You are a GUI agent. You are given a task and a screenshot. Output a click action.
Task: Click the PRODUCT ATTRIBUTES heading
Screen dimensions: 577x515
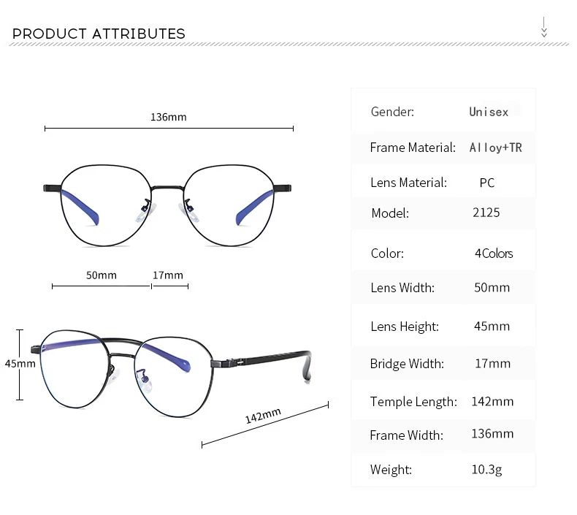[x=99, y=34]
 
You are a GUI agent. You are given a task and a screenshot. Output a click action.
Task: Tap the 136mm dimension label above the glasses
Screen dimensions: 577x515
[x=169, y=117]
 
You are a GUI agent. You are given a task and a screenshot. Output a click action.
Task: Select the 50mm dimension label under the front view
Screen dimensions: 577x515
[x=102, y=275]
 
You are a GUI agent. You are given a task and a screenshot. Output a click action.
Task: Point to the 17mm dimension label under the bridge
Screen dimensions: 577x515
[x=168, y=275]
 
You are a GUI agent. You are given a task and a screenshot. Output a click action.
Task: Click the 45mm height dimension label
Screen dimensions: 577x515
[x=20, y=364]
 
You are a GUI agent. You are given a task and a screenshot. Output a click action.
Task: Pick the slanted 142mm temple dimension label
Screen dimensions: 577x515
[x=263, y=416]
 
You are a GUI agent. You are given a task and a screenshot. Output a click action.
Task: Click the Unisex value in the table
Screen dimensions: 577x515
[x=489, y=112]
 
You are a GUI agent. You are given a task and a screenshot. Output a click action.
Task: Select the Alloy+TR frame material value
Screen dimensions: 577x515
[x=496, y=148]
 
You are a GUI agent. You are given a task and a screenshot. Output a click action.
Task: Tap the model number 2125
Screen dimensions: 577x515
[x=486, y=213]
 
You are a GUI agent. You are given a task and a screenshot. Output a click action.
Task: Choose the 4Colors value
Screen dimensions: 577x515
[x=494, y=253]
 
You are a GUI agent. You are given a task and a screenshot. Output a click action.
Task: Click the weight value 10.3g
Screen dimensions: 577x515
[x=486, y=470]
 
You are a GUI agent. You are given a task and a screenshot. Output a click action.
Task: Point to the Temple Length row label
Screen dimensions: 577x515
[x=413, y=402]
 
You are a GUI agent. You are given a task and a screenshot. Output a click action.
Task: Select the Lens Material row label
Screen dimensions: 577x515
[x=408, y=183]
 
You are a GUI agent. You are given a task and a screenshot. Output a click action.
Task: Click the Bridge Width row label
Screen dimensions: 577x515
[x=407, y=364]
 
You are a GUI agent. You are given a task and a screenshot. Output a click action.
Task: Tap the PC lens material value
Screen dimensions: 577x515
[x=487, y=183]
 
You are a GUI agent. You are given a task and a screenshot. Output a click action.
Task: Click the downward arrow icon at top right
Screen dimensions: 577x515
[x=544, y=27]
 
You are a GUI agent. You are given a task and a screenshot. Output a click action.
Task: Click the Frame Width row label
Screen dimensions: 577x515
[x=406, y=435]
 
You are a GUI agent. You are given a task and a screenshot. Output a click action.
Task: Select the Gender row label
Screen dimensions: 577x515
[x=392, y=112]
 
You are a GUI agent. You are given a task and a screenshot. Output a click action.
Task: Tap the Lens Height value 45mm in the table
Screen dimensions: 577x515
[x=492, y=326]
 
